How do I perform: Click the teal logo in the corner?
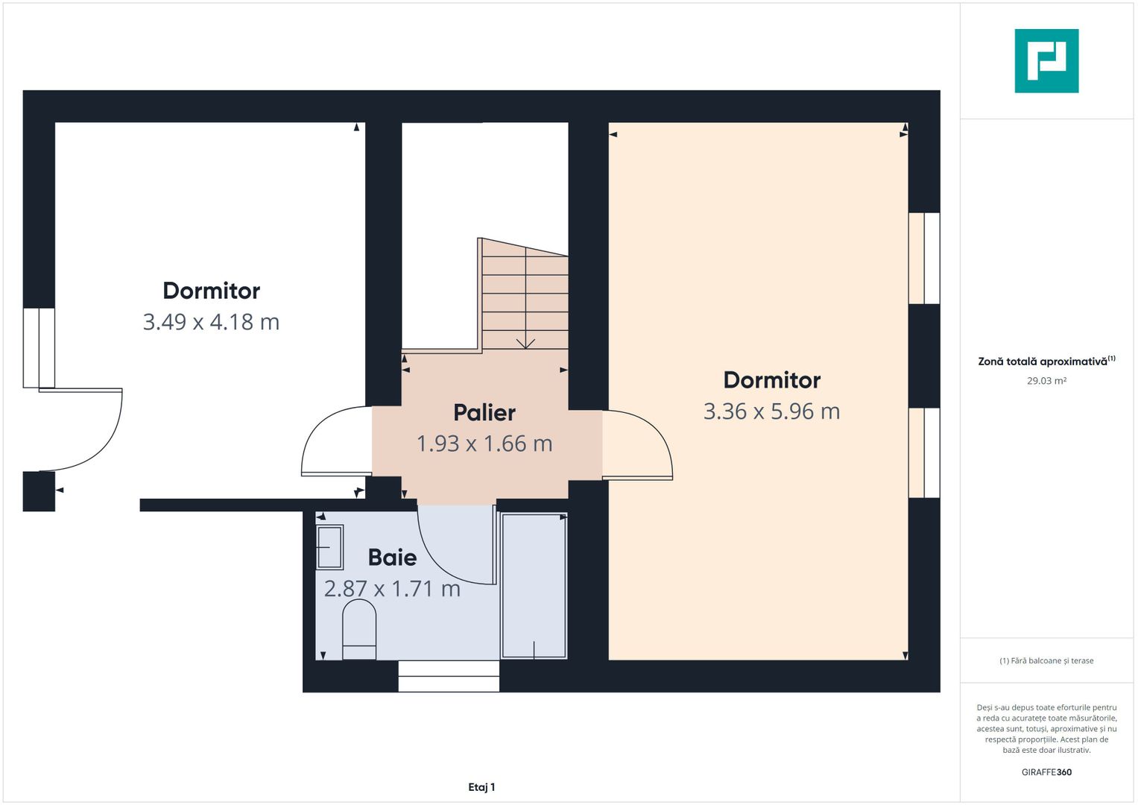point(1046,61)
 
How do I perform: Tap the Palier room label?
point(484,412)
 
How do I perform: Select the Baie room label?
point(392,557)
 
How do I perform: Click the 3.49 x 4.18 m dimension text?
point(211,322)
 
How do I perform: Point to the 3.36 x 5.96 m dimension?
point(771,411)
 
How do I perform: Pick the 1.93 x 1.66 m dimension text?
point(484,443)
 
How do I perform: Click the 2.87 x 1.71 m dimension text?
point(392,589)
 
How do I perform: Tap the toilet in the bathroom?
point(358,631)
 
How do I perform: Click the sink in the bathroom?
point(329,547)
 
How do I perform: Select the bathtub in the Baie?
point(534,586)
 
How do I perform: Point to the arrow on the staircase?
point(525,341)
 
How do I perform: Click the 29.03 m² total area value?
point(1046,381)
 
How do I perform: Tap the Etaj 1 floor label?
point(481,787)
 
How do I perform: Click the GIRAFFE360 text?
point(1046,772)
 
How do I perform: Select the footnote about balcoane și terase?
point(1046,660)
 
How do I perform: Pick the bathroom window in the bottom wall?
point(449,676)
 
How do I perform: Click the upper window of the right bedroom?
point(924,258)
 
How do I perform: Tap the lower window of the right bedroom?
point(924,452)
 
